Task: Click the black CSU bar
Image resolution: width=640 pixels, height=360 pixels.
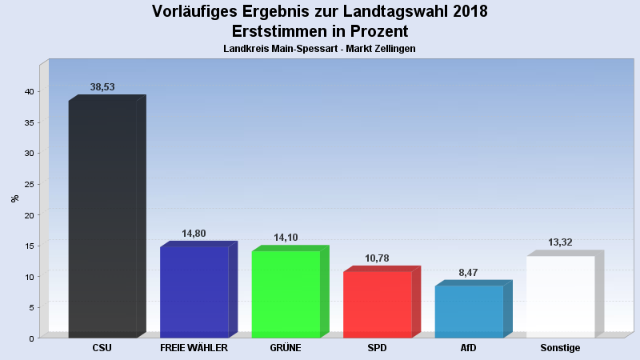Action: click(x=102, y=218)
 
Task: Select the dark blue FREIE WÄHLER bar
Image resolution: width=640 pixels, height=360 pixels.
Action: click(x=194, y=292)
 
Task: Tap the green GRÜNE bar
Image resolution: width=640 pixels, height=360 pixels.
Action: click(x=286, y=294)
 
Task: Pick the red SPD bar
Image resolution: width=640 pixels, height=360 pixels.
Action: click(x=378, y=304)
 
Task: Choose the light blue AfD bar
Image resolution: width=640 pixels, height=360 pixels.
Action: click(x=469, y=311)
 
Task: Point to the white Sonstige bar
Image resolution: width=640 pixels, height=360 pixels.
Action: click(x=560, y=296)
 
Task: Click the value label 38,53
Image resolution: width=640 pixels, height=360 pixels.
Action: click(x=102, y=87)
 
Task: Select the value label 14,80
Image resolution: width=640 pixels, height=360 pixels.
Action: click(x=194, y=234)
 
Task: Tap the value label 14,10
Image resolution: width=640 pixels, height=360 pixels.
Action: click(x=286, y=238)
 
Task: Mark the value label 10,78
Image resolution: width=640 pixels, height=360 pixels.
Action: click(x=378, y=258)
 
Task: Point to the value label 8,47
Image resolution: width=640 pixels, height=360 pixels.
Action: click(x=469, y=273)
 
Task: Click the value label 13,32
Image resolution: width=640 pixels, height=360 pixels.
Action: click(x=560, y=242)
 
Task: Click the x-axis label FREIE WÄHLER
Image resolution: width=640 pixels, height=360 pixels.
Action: click(x=194, y=349)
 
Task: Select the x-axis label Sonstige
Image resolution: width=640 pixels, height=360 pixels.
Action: click(x=560, y=349)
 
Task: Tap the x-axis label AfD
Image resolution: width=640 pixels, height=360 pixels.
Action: click(x=469, y=349)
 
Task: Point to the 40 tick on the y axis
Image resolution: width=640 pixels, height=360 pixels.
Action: click(x=28, y=91)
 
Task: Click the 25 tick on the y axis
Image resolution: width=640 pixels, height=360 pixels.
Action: click(x=28, y=184)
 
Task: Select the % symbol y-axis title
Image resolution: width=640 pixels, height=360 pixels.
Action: click(x=14, y=198)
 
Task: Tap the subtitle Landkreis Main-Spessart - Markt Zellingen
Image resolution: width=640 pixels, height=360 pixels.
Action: click(x=319, y=49)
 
